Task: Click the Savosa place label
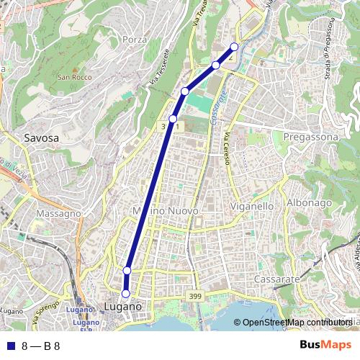pyautogui.click(x=41, y=137)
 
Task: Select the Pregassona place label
pyautogui.click(x=311, y=136)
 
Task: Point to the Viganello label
pyautogui.click(x=251, y=206)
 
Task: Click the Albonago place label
pyautogui.click(x=310, y=203)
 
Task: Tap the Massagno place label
pyautogui.click(x=58, y=214)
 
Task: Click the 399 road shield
pyautogui.click(x=194, y=296)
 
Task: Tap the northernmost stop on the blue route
pyautogui.click(x=234, y=47)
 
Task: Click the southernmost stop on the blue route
pyautogui.click(x=125, y=294)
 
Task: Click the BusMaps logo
pyautogui.click(x=325, y=345)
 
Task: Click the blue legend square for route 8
pyautogui.click(x=10, y=346)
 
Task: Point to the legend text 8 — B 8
pyautogui.click(x=40, y=346)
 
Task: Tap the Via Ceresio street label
pyautogui.click(x=226, y=148)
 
